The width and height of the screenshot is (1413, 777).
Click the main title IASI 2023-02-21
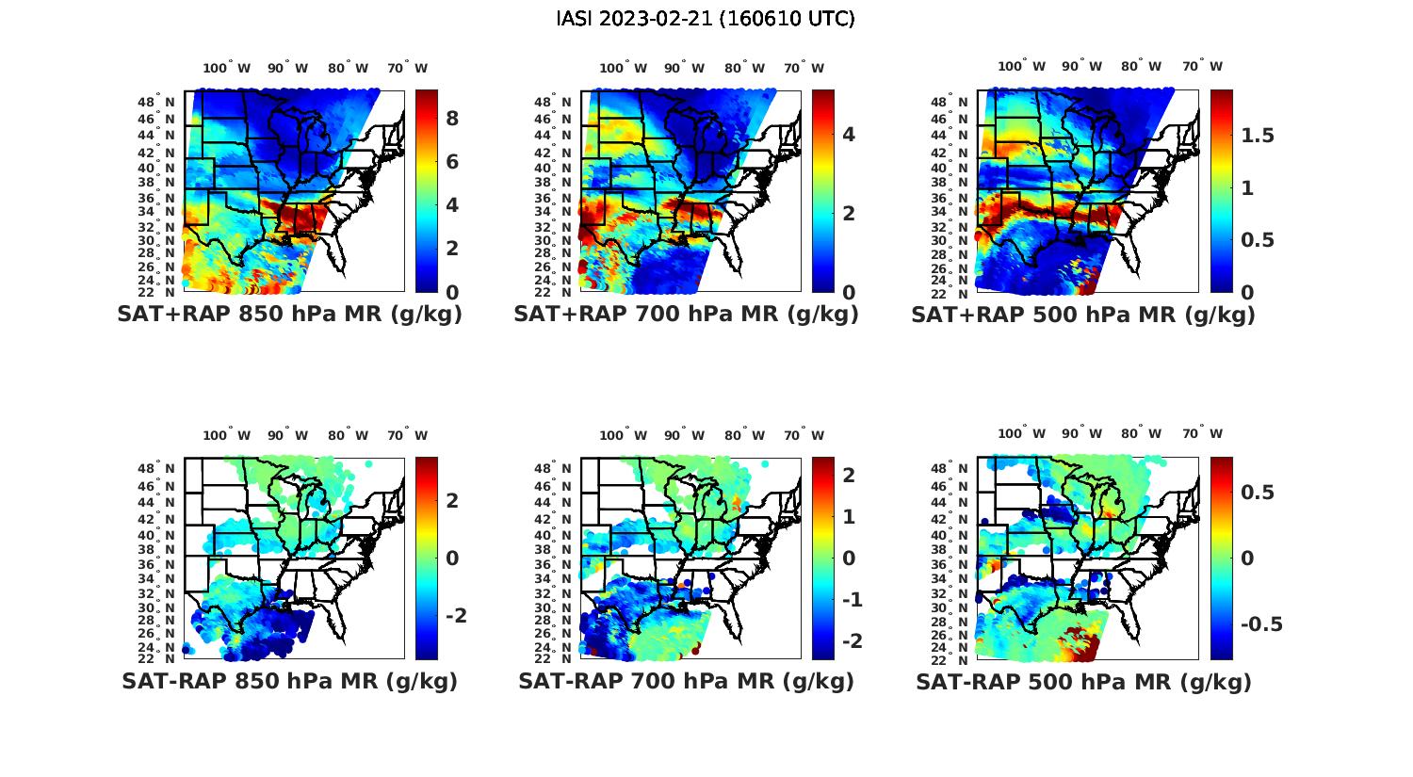706,19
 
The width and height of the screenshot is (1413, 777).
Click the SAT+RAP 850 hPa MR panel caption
289,315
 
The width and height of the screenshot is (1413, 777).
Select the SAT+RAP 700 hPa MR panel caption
686,315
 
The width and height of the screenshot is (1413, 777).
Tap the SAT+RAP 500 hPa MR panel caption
1083,315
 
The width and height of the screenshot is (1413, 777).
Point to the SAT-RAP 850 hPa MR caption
289,681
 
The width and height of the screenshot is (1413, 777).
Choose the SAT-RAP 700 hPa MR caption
686,681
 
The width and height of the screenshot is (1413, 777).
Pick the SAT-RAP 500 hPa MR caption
1083,681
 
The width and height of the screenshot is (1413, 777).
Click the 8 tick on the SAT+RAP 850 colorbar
452,119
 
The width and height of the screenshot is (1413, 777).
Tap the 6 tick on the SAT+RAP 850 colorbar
452,162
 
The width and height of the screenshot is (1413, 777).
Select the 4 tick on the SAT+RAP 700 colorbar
849,135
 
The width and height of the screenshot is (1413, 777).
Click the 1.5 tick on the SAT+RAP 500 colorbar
1257,136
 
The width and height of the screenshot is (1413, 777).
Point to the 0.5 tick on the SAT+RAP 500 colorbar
1257,240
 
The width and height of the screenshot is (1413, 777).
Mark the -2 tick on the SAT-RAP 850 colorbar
455,615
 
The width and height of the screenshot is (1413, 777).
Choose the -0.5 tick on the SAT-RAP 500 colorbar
1261,624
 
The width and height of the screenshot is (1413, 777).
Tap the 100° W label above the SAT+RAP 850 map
227,68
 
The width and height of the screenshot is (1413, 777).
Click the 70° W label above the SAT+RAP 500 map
1203,66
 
